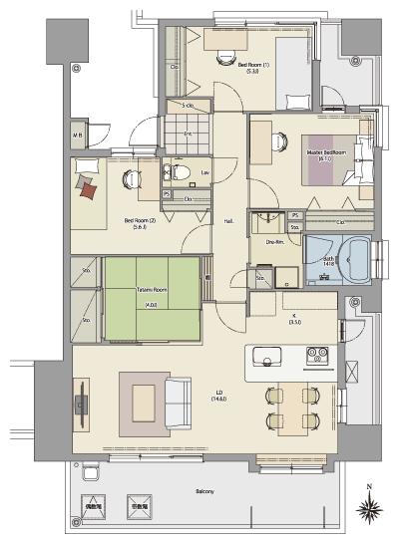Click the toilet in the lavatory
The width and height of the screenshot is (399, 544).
(181, 172)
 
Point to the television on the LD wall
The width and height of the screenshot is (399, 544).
(80, 405)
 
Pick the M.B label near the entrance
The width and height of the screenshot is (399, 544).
(77, 136)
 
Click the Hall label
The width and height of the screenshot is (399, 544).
(228, 221)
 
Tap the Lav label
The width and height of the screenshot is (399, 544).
(204, 173)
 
